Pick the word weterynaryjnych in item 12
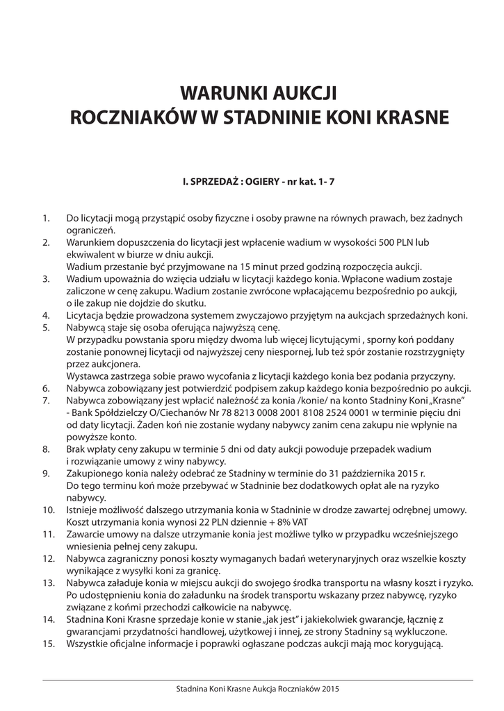coord(278,558)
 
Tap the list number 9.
coord(47,474)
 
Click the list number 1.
coord(47,219)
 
